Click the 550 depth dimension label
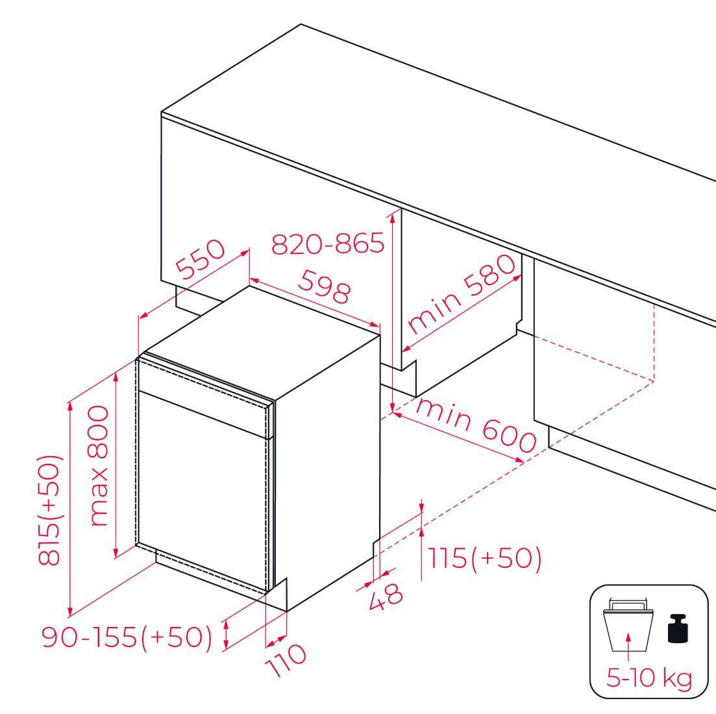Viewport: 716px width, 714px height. click(x=201, y=259)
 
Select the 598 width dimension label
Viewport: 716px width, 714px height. click(x=325, y=286)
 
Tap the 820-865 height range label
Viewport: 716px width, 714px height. click(x=328, y=243)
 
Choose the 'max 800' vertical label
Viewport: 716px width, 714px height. click(x=99, y=466)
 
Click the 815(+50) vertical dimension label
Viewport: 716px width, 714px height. click(x=49, y=510)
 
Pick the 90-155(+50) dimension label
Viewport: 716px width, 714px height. click(x=127, y=636)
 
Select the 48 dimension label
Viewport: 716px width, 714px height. click(x=386, y=596)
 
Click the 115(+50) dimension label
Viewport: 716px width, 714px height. click(x=484, y=557)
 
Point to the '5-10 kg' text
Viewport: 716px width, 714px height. click(x=649, y=678)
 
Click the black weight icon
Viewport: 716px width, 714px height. click(x=678, y=628)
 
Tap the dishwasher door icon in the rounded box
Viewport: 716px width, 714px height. click(x=628, y=624)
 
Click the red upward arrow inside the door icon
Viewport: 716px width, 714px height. click(x=628, y=646)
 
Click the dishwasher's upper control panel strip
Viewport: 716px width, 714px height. click(x=203, y=395)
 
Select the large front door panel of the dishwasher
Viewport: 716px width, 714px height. click(x=203, y=489)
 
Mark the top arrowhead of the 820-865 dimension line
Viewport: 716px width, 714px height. click(x=392, y=216)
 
